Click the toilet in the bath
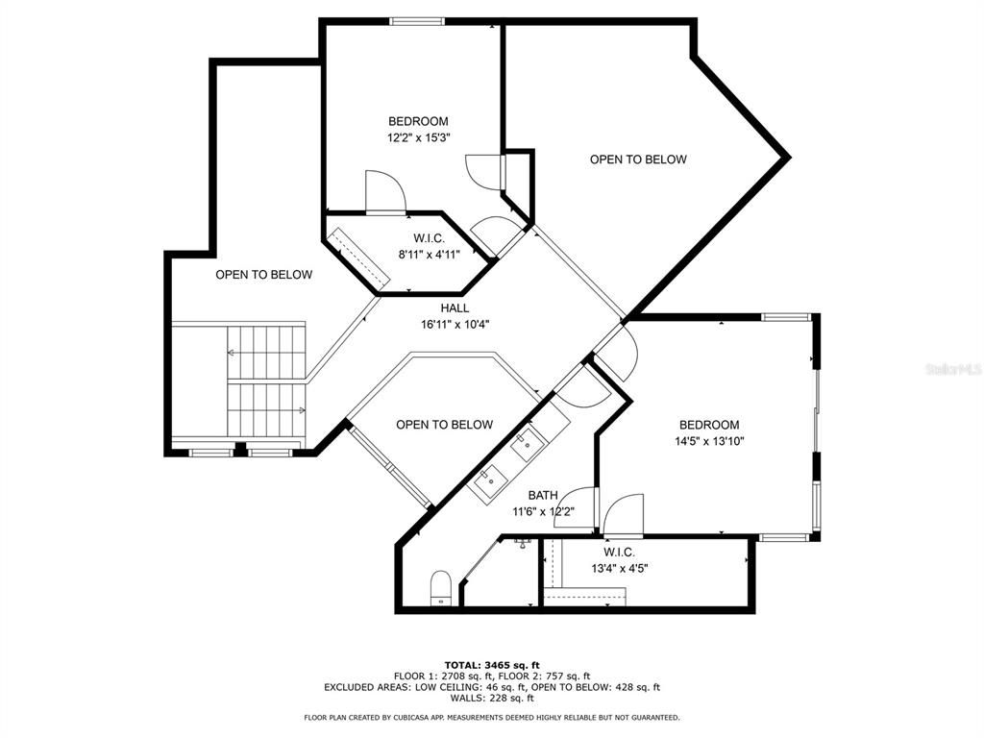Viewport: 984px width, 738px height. pos(440,587)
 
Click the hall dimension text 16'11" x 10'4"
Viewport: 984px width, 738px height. pos(455,324)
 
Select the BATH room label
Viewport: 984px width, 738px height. pos(542,496)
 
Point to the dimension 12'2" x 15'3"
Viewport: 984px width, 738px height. pos(418,137)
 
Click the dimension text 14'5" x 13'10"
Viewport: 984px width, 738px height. pos(709,441)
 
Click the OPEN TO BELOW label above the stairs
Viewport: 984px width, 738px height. pos(263,275)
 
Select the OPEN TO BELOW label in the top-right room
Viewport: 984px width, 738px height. pos(638,160)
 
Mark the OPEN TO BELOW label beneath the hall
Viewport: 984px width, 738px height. pos(444,425)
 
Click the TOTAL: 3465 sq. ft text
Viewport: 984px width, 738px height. pos(492,665)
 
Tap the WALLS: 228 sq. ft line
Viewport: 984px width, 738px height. pos(492,698)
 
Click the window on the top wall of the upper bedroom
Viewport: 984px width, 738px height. pos(416,21)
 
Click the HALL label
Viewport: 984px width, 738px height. pos(455,308)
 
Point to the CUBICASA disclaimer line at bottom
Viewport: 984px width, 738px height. pos(492,718)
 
